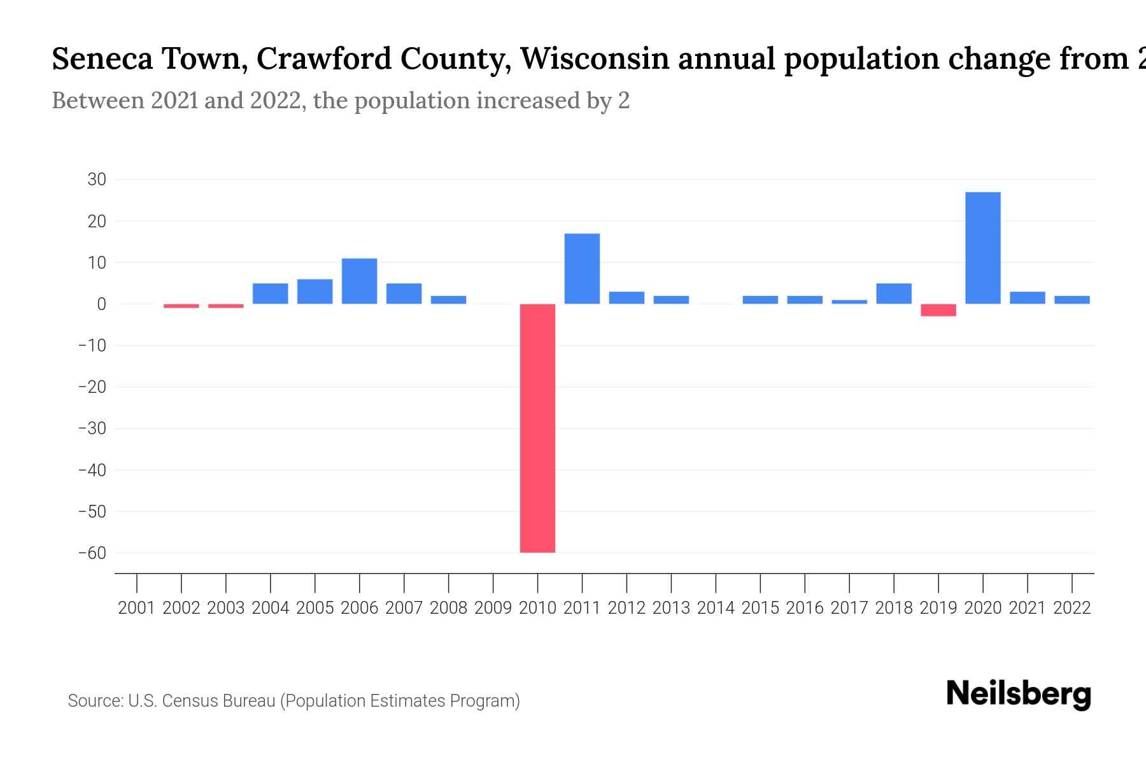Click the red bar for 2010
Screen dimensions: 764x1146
coord(537,428)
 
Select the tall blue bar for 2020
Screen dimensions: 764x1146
coord(982,248)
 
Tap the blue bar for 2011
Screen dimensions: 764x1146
coord(582,269)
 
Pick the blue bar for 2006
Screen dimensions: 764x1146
coord(359,281)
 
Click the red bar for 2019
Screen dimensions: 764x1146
coord(938,310)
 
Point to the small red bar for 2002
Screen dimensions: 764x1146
coord(181,306)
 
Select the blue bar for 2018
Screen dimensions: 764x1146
coord(893,294)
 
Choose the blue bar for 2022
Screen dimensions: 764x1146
coord(1072,300)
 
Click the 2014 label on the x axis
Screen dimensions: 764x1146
coord(716,608)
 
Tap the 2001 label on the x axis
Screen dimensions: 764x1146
coord(137,608)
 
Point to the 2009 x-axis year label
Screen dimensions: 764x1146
coord(493,608)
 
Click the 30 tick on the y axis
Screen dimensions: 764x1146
coord(97,180)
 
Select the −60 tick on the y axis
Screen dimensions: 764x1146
coord(92,553)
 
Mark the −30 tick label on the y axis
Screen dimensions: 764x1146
coord(92,428)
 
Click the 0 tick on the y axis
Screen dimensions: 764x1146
coord(101,304)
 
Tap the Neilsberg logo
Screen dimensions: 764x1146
coord(1018,694)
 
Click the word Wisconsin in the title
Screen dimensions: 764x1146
coord(595,59)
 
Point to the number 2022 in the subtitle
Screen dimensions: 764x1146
coord(275,101)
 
